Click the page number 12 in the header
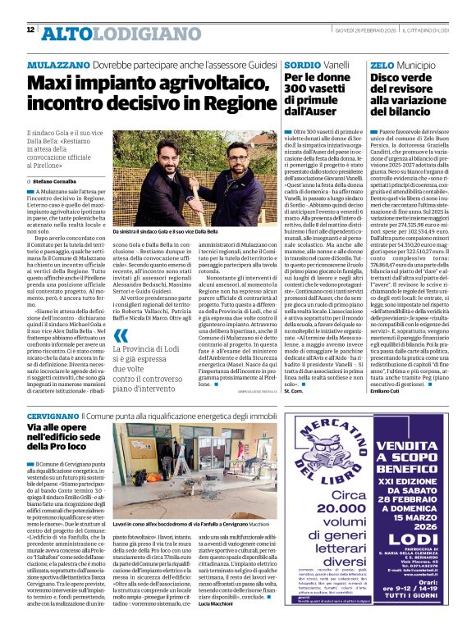click(x=30, y=30)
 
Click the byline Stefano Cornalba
click(x=58, y=180)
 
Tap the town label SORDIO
click(x=299, y=63)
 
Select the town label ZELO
click(x=382, y=63)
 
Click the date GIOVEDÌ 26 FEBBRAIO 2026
click(x=362, y=30)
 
